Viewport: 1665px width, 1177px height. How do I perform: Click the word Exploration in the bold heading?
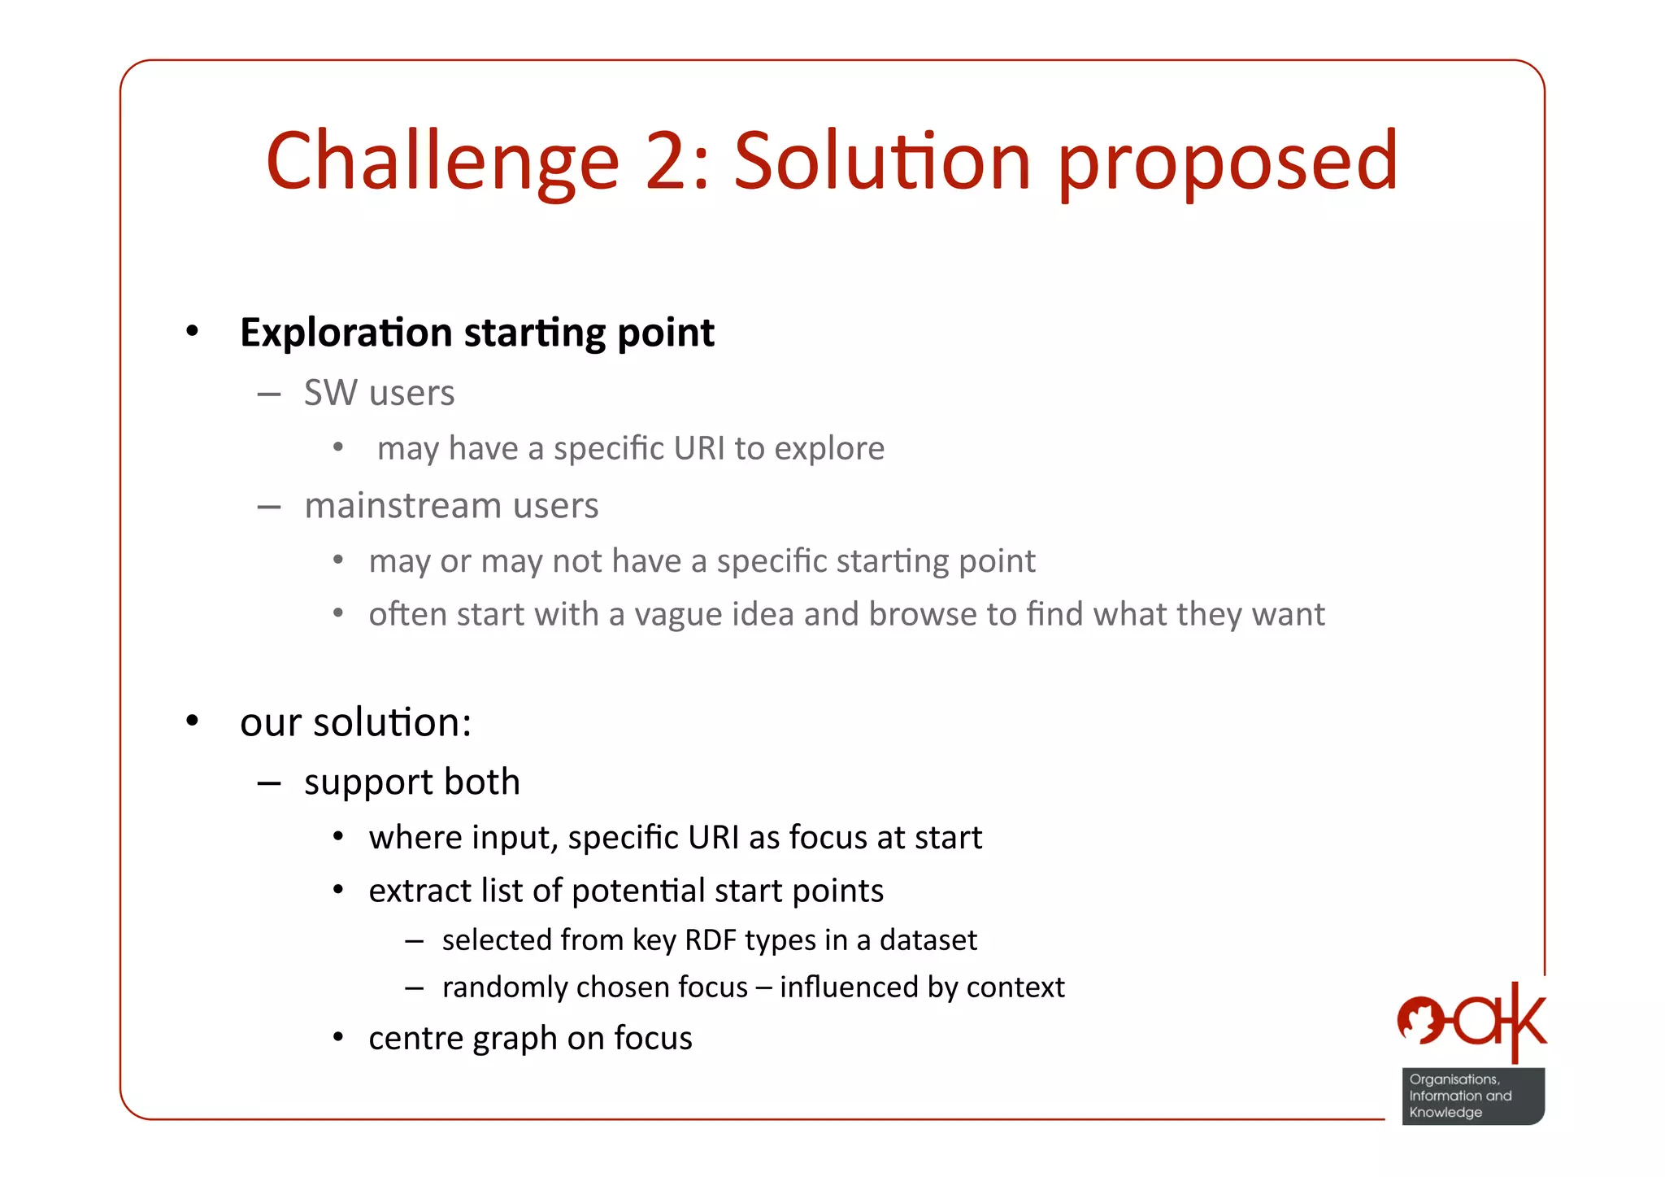click(346, 333)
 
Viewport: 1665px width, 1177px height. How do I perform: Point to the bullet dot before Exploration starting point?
click(192, 331)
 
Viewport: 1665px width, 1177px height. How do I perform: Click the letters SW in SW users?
click(330, 393)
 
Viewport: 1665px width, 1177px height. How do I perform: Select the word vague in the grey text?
click(678, 614)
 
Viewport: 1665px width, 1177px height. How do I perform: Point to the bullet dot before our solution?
click(192, 721)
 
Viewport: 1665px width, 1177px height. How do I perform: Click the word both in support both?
click(482, 782)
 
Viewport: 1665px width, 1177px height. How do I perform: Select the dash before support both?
click(269, 783)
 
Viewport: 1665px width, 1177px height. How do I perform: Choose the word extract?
click(420, 891)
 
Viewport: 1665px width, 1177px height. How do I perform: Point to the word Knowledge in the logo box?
click(1445, 1113)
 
